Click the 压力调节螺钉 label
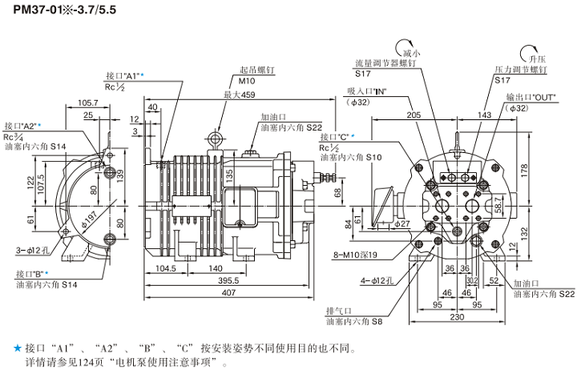click(520, 70)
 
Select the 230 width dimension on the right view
click(455, 318)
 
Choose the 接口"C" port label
click(337, 137)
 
